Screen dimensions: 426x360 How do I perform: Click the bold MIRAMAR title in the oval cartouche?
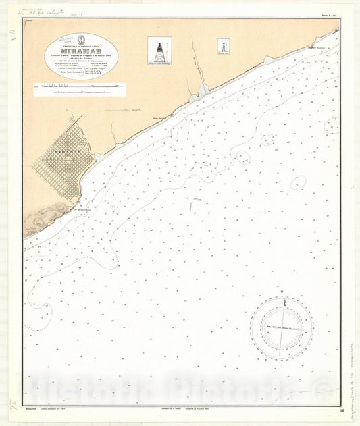tap(80, 49)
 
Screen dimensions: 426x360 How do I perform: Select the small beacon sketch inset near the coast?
tap(222, 47)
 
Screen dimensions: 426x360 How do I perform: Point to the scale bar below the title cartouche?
tap(80, 86)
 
